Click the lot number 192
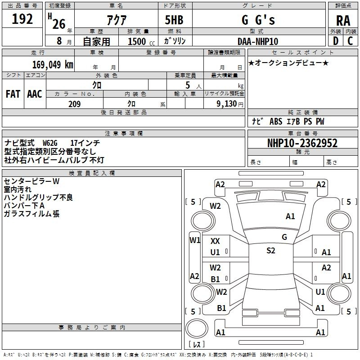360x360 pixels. pyautogui.click(x=22, y=19)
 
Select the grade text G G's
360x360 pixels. pyautogui.click(x=258, y=20)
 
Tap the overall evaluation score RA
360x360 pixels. pyautogui.click(x=343, y=21)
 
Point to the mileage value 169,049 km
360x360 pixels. pyautogui.click(x=53, y=64)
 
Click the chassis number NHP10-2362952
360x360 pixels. pyautogui.click(x=302, y=143)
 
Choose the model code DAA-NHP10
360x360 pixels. pyautogui.click(x=258, y=41)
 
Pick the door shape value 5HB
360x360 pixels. pyautogui.click(x=174, y=20)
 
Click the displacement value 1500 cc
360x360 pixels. pyautogui.click(x=141, y=41)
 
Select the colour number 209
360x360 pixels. pyautogui.click(x=75, y=104)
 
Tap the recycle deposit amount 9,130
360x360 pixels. pyautogui.click(x=227, y=104)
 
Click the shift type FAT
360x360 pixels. pyautogui.click(x=13, y=94)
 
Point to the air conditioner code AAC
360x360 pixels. pyautogui.click(x=35, y=94)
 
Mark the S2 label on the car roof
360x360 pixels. pyautogui.click(x=271, y=251)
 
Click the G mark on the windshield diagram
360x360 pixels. pyautogui.click(x=284, y=237)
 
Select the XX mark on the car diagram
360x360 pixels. pyautogui.click(x=215, y=241)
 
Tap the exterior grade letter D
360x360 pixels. pyautogui.click(x=336, y=41)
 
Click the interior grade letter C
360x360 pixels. pyautogui.click(x=350, y=41)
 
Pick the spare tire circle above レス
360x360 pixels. pyautogui.click(x=197, y=328)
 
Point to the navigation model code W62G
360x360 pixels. pyautogui.click(x=50, y=143)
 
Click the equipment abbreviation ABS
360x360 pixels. pyautogui.click(x=276, y=121)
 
